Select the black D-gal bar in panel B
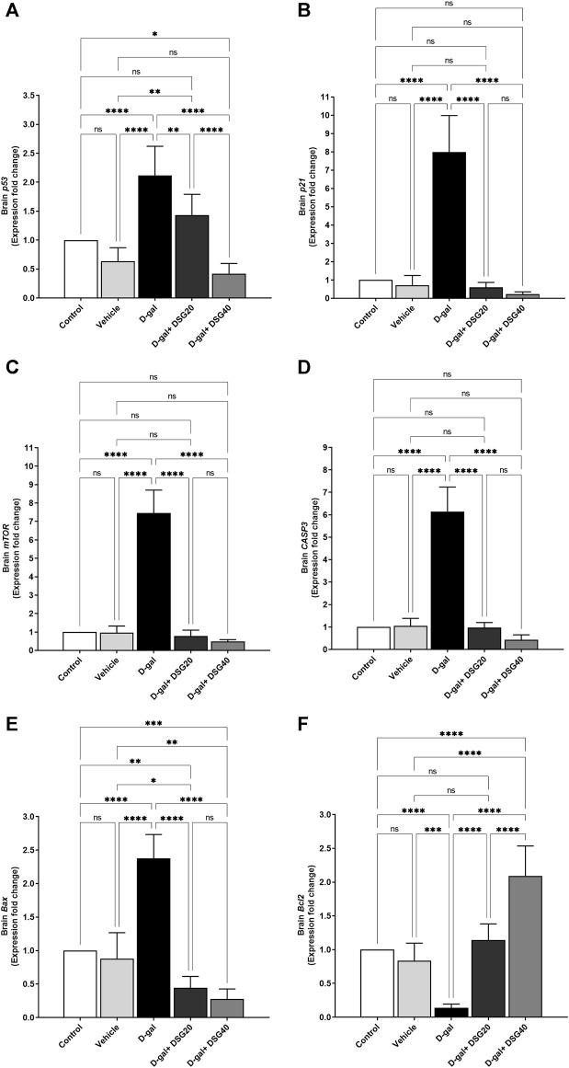coord(449,225)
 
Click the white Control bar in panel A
coord(81,269)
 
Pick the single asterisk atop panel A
coord(154,34)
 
